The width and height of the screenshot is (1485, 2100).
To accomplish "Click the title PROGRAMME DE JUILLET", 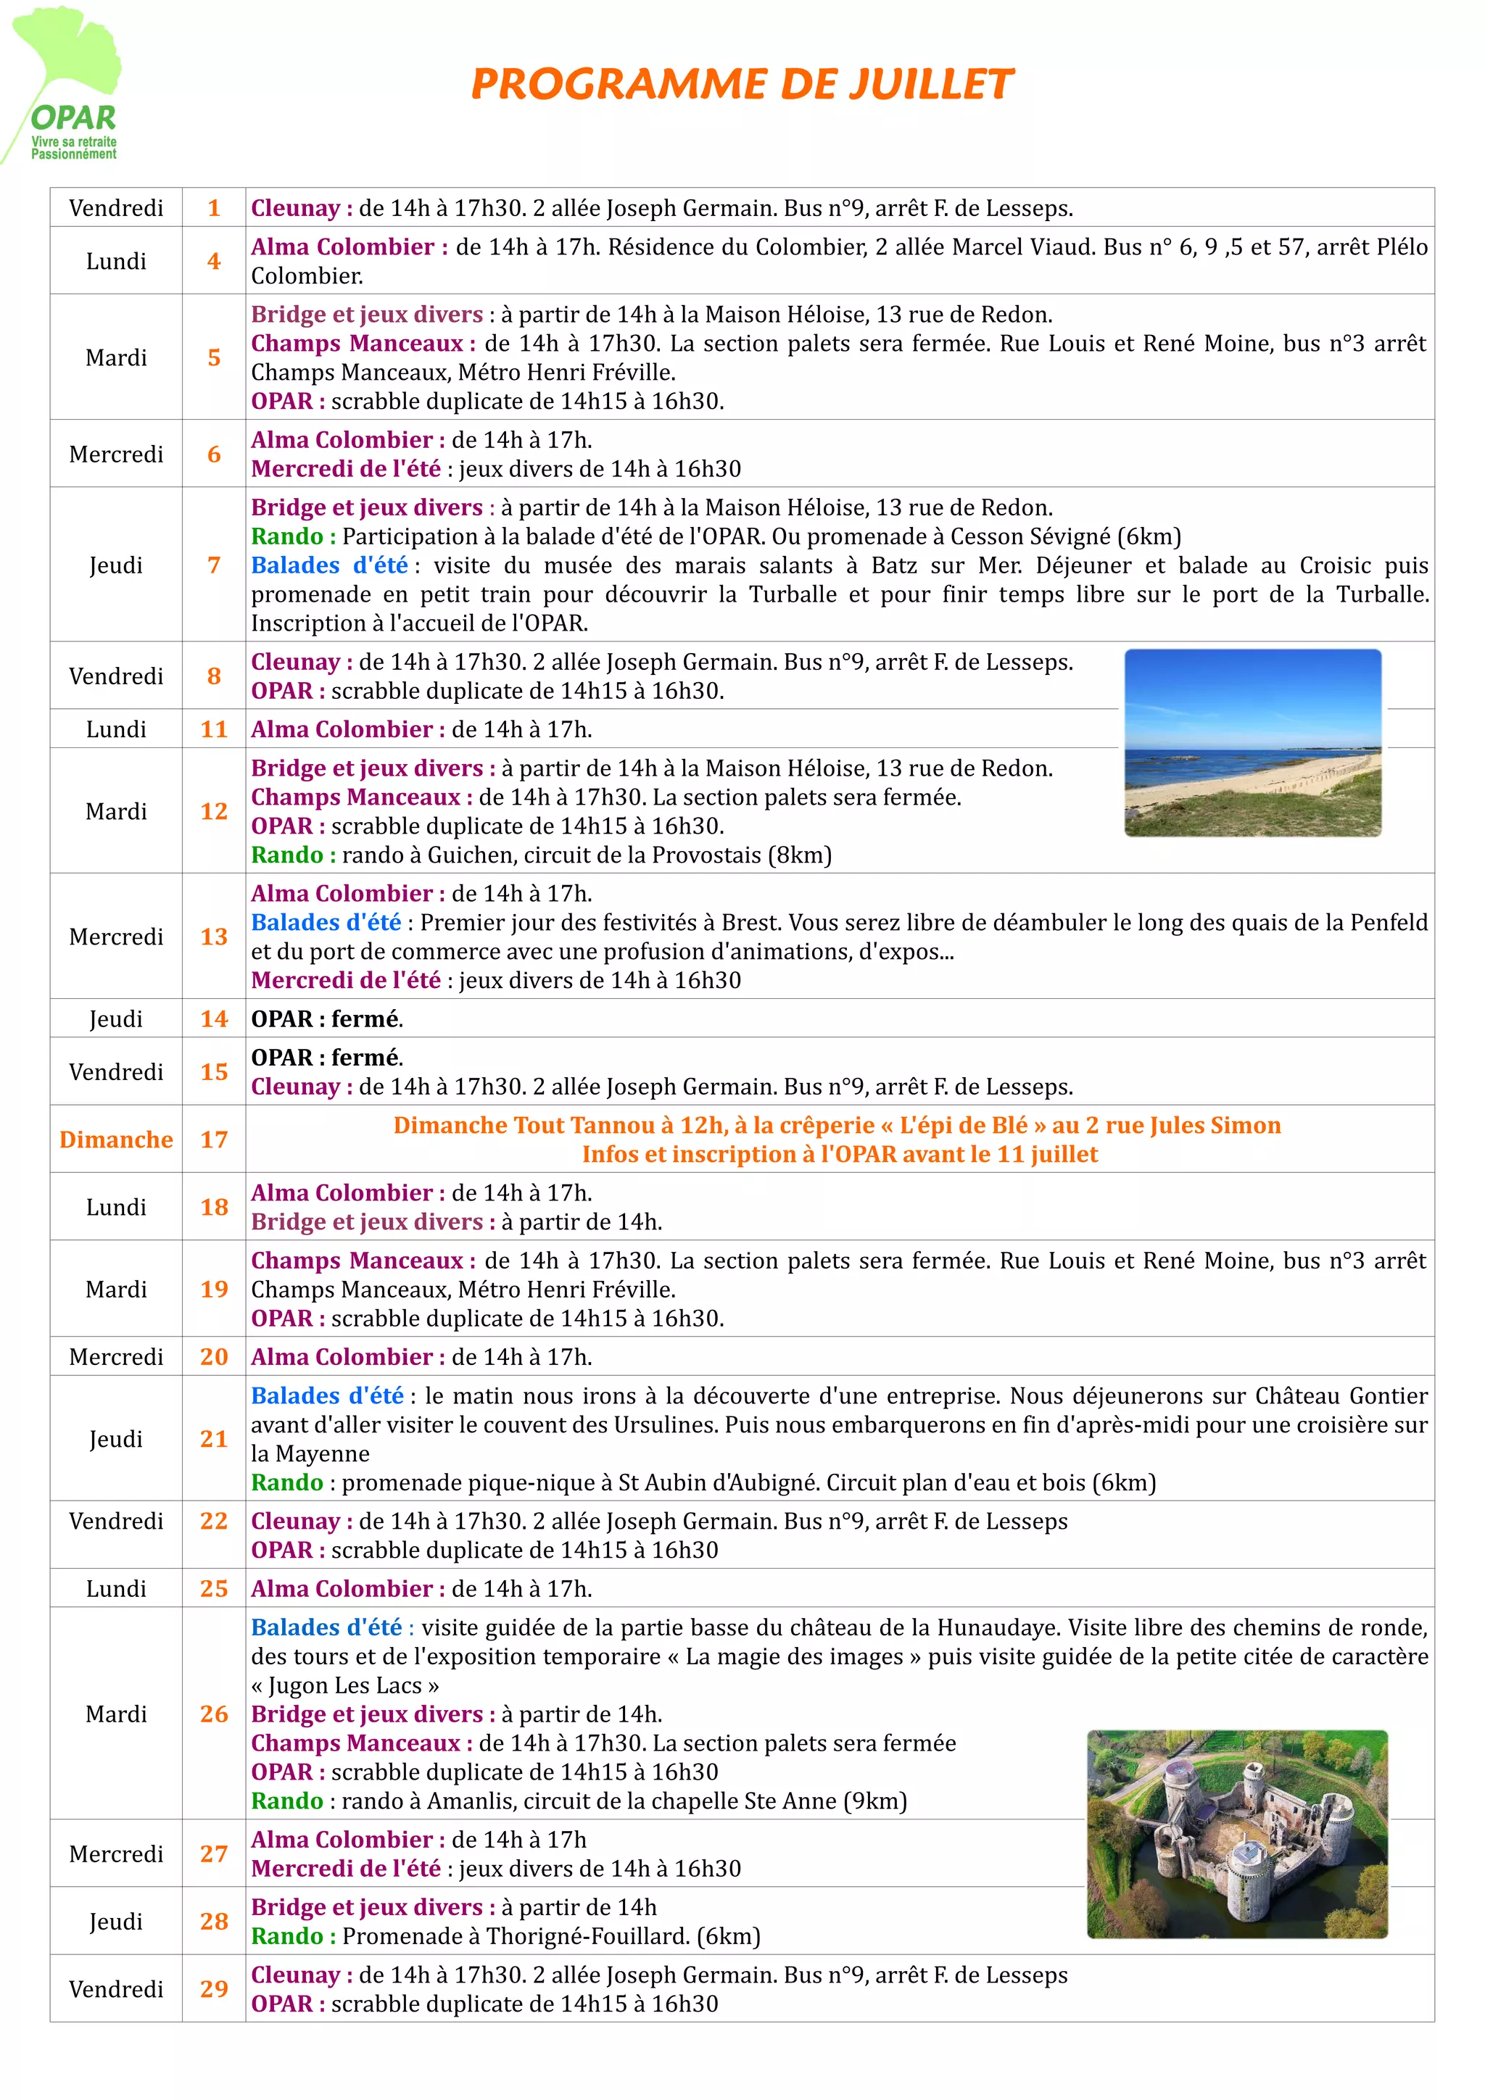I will (742, 84).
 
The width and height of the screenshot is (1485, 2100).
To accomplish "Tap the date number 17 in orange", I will (214, 1140).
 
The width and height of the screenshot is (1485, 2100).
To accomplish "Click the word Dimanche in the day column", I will (116, 1140).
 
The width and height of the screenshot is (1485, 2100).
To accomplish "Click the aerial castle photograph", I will (1237, 1833).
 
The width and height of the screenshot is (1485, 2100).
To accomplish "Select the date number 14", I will (214, 1019).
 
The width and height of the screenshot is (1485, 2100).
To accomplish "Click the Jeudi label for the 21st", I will (116, 1439).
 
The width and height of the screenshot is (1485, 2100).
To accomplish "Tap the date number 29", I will (214, 1988).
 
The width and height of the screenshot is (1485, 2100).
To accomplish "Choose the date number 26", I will (214, 1714).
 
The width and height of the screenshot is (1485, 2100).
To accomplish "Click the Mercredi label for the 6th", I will (116, 455).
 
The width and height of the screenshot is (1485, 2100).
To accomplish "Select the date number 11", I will (214, 730).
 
